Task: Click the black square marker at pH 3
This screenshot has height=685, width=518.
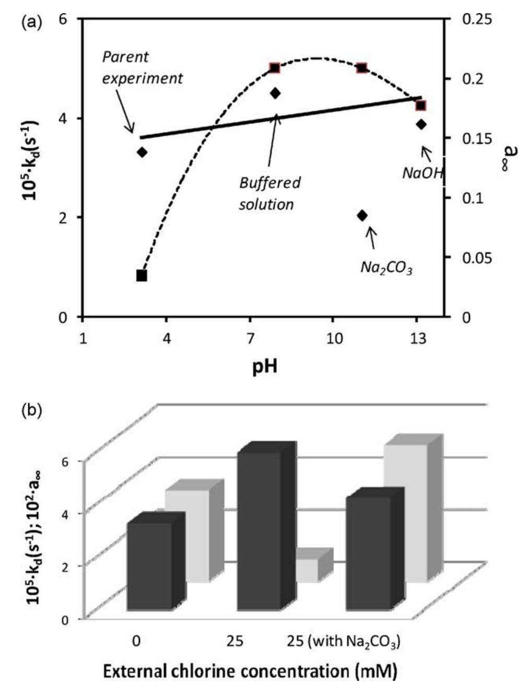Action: (x=142, y=275)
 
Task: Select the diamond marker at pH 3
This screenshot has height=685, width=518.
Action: (x=142, y=152)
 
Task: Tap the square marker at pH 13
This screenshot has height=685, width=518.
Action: (x=421, y=106)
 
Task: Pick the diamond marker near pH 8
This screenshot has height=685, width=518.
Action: (x=275, y=93)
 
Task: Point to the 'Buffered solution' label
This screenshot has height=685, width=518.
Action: (x=270, y=193)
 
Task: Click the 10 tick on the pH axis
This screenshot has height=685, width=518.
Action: (x=334, y=338)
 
